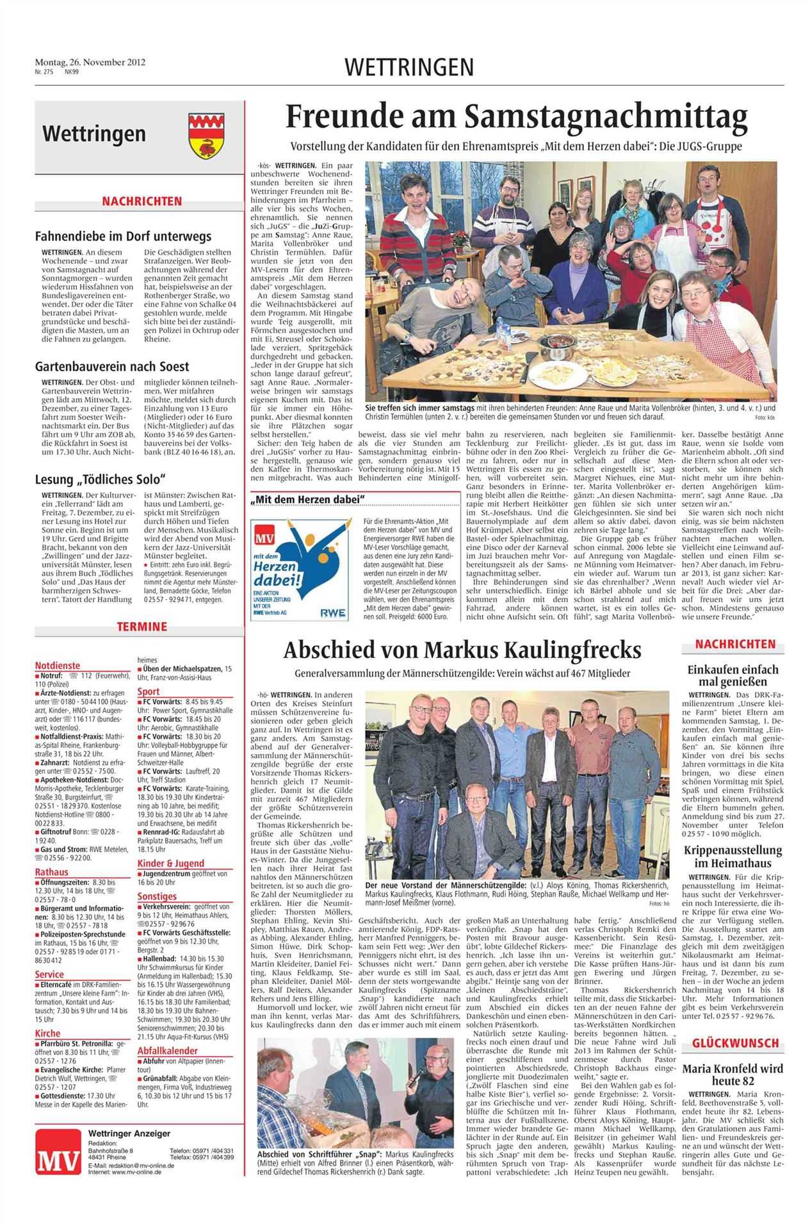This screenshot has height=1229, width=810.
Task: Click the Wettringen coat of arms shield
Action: coord(206,135)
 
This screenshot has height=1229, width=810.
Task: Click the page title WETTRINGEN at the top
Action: coord(409,67)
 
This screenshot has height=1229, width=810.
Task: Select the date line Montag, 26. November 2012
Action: coord(90,62)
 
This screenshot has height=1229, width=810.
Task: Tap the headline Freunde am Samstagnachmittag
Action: coord(516,117)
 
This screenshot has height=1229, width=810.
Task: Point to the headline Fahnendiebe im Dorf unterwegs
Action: coord(123,236)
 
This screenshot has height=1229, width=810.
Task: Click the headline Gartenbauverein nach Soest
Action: coord(112,367)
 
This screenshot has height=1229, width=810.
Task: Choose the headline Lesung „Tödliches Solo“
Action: coord(101,479)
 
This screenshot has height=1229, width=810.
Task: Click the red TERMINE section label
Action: coord(142,627)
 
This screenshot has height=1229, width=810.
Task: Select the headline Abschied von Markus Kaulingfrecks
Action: coord(462,650)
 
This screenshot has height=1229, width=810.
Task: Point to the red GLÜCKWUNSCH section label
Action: coord(734,1043)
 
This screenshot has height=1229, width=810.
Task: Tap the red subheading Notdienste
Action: coord(58,665)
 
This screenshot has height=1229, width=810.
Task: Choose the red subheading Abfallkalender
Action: coord(167,1050)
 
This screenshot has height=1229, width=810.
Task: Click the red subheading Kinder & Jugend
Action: coord(170,864)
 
